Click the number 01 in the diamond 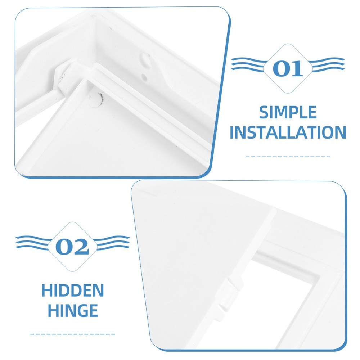pyautogui.click(x=288, y=68)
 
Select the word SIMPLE pyautogui.click(x=288, y=113)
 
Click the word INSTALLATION pyautogui.click(x=288, y=132)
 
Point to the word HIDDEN pyautogui.click(x=72, y=291)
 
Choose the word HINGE pyautogui.click(x=72, y=310)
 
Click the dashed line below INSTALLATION pyautogui.click(x=288, y=156)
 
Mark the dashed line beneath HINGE pyautogui.click(x=72, y=334)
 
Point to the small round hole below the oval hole pyautogui.click(x=144, y=76)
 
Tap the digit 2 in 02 pyautogui.click(x=81, y=247)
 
